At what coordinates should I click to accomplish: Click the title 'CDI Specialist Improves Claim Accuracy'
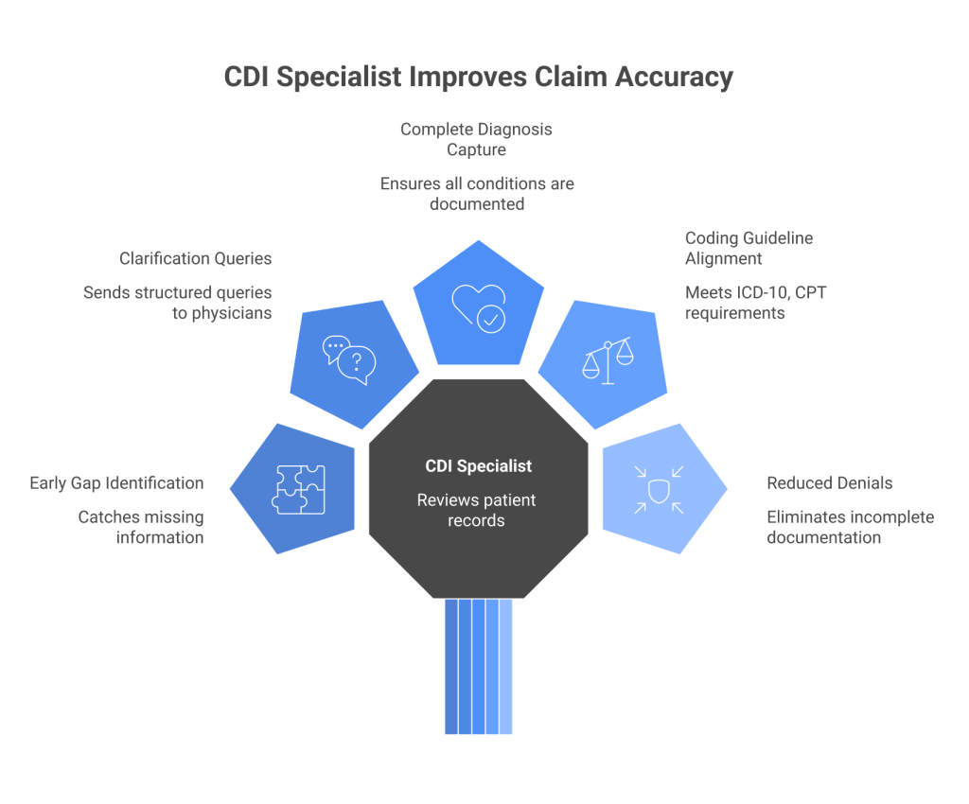[478, 77]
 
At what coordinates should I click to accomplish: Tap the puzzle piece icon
[299, 489]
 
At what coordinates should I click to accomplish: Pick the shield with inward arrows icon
[658, 489]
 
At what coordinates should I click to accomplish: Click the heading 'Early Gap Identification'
[116, 482]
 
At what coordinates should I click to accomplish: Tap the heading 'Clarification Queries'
[196, 258]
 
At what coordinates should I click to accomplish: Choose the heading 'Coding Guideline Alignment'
[749, 249]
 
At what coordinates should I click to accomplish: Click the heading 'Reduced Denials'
[830, 482]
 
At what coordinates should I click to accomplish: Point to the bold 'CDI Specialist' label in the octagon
[478, 466]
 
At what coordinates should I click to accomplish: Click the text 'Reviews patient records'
[478, 510]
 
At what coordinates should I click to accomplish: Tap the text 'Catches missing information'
[140, 527]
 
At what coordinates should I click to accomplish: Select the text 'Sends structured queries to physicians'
[177, 303]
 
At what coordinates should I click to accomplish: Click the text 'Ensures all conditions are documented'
[478, 193]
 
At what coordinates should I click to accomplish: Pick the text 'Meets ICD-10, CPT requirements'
[755, 303]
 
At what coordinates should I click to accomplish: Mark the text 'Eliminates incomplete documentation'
[850, 527]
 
